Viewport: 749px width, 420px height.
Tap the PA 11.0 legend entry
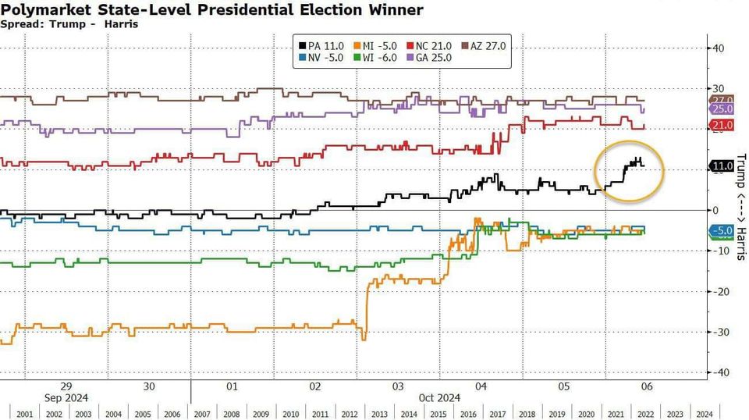322,46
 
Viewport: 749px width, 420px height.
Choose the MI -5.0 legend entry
376,46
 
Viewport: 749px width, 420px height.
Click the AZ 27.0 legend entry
484,46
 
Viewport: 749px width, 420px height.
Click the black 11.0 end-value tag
721,166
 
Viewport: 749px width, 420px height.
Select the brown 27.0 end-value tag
721,101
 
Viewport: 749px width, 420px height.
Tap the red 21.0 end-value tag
721,126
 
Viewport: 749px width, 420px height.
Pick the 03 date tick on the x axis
398,386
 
